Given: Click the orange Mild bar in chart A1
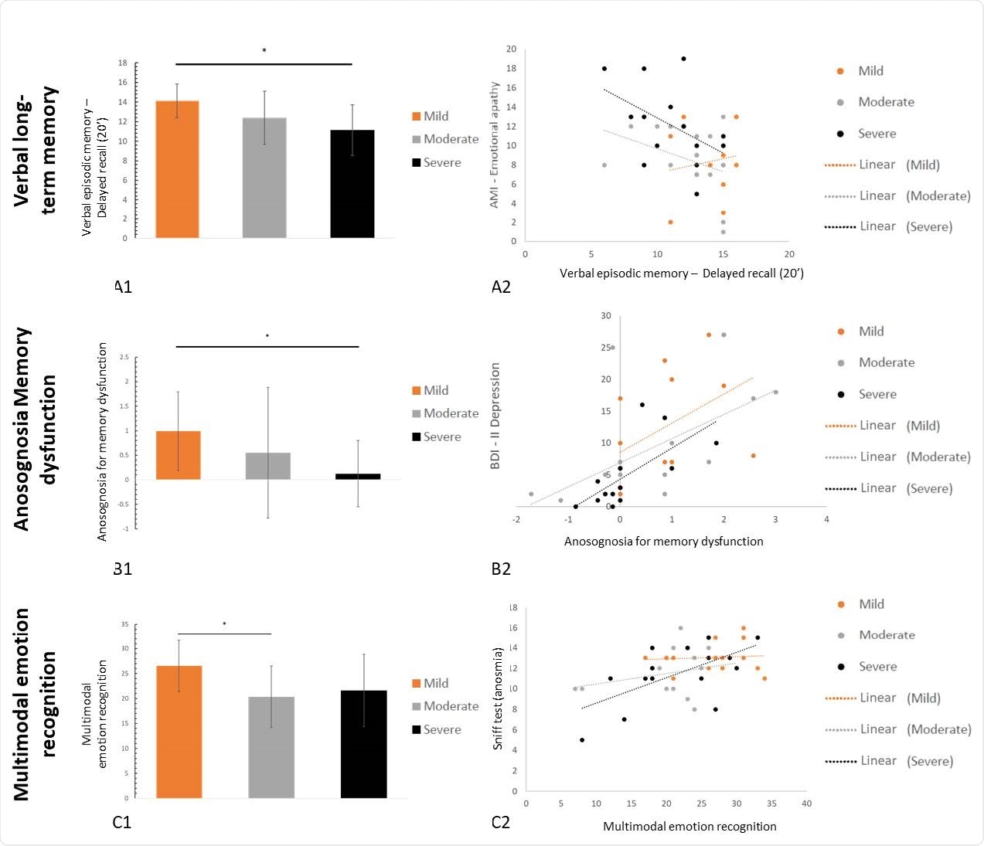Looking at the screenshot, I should point(177,169).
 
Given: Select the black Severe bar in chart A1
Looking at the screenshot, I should point(352,184).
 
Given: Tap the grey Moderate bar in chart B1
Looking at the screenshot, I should point(268,466).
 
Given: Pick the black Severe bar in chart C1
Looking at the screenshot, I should point(363,744).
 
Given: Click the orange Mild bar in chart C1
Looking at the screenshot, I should point(179,732).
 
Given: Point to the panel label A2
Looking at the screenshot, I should point(501,287).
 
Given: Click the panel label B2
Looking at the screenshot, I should point(501,569).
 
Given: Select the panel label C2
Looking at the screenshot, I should point(501,822).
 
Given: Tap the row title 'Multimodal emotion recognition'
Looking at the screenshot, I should point(36,703).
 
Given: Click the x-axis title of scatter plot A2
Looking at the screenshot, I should point(681,274).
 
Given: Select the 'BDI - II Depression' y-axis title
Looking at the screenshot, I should point(495,416).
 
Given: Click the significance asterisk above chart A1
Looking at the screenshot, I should point(264,52).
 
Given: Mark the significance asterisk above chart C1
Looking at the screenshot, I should point(224,624).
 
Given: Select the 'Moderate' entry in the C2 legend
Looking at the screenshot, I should point(887,635).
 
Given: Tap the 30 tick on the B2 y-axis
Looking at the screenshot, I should point(606,316).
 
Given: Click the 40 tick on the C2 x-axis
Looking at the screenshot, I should point(806,804).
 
